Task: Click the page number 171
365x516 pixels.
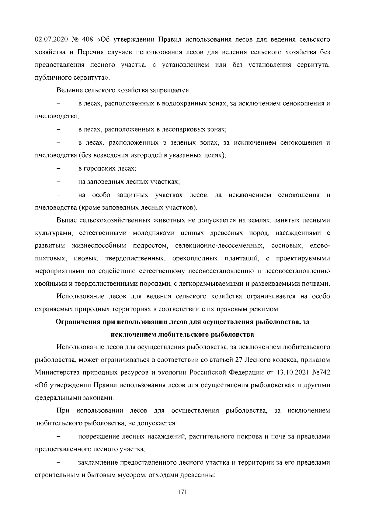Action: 182,491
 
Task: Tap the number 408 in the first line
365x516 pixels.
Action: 88,40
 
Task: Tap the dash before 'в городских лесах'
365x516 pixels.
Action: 59,169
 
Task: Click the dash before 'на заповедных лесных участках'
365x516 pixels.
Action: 59,182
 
